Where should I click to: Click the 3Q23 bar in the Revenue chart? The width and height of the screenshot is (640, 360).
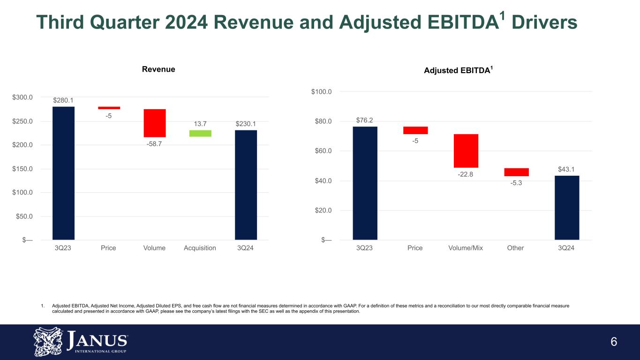[x=63, y=173]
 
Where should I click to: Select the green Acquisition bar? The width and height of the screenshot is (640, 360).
[x=200, y=134]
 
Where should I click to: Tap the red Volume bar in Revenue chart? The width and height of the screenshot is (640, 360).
[x=155, y=123]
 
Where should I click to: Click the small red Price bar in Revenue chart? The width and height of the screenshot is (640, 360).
[x=109, y=108]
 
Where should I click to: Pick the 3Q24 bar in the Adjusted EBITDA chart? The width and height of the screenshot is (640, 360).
[x=567, y=208]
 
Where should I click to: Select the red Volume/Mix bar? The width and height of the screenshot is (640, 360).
[x=466, y=151]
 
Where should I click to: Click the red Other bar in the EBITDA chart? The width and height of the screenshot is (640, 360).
[x=516, y=172]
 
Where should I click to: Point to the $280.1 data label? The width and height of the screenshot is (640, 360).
[x=63, y=100]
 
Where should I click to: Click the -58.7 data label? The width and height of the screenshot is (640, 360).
[x=154, y=144]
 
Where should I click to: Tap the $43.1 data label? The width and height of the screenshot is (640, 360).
[x=566, y=169]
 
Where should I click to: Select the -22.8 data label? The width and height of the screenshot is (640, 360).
[x=466, y=174]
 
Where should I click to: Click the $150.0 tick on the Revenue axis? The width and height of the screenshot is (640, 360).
[x=23, y=169]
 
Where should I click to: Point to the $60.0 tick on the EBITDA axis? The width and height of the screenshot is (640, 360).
[x=323, y=151]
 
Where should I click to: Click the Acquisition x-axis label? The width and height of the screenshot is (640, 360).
[x=200, y=248]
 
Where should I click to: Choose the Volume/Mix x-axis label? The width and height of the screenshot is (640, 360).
[x=466, y=248]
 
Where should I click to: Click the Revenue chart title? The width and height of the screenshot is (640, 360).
[x=158, y=69]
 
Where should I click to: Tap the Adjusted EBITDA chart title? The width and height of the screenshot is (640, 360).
[x=458, y=70]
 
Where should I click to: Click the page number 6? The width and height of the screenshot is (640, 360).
[x=614, y=342]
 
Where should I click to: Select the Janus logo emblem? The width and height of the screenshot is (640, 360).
[x=48, y=342]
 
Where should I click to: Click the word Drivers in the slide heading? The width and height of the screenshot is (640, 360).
[x=544, y=22]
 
